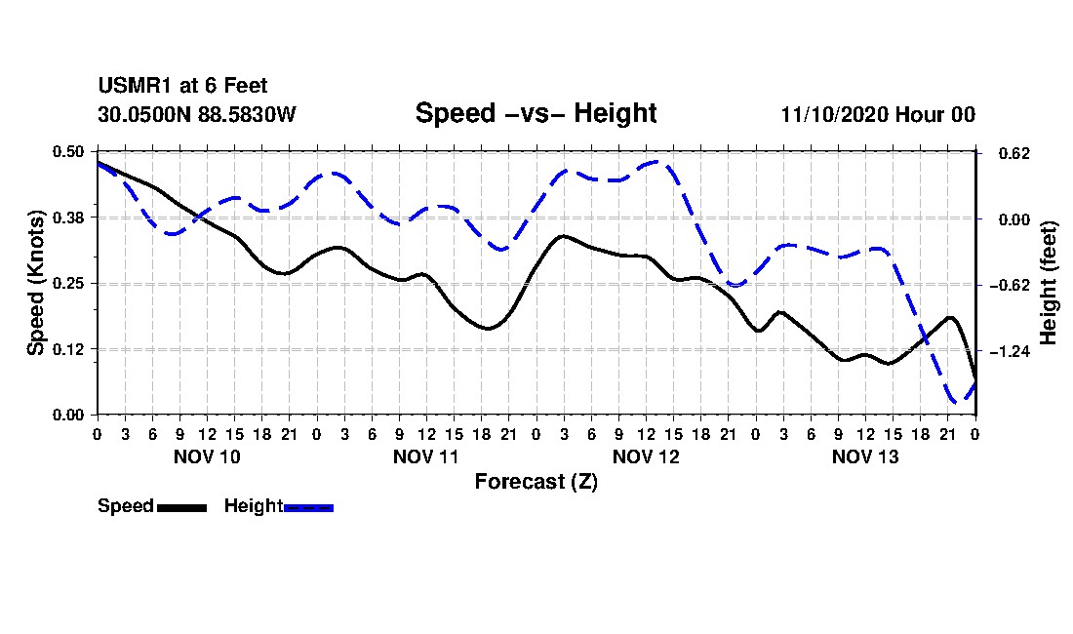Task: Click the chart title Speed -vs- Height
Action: coord(536,113)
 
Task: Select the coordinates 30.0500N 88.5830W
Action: coord(197,114)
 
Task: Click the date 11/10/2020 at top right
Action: coord(835,114)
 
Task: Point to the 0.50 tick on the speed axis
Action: coord(68,152)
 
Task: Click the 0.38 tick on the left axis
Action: coord(68,218)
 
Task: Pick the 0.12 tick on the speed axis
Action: coord(68,349)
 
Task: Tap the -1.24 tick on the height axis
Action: coord(1010,351)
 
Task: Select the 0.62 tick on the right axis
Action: coord(1014,153)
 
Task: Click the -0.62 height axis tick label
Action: coord(1010,285)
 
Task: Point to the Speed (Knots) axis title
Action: coord(35,283)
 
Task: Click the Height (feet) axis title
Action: coord(1048,283)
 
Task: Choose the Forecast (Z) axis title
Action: coord(536,482)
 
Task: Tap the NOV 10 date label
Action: coord(208,456)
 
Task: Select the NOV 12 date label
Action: coord(646,456)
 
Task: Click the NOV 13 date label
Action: coord(865,456)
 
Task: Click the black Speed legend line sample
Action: coord(182,507)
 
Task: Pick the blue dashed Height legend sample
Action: coord(308,507)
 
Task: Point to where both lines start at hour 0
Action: coord(98,163)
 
